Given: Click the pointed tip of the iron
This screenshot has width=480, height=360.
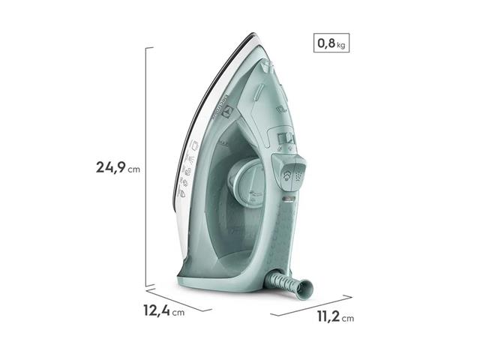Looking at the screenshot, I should (251, 36).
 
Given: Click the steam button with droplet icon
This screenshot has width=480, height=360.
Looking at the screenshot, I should (286, 174).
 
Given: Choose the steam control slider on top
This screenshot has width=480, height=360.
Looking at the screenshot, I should (282, 139).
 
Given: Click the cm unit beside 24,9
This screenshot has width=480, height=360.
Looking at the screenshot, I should (133, 169).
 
